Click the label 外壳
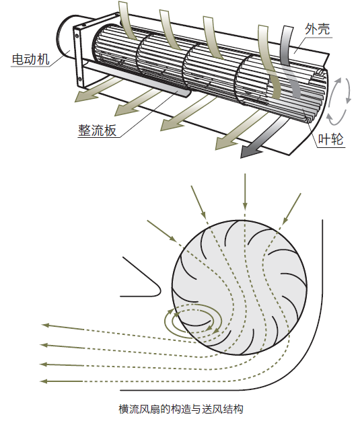point(316,29)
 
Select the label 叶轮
point(330,139)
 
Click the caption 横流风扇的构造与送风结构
point(180,408)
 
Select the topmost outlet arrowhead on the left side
point(47,325)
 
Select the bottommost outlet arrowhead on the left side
point(46,381)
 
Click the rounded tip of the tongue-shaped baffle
point(159,290)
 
